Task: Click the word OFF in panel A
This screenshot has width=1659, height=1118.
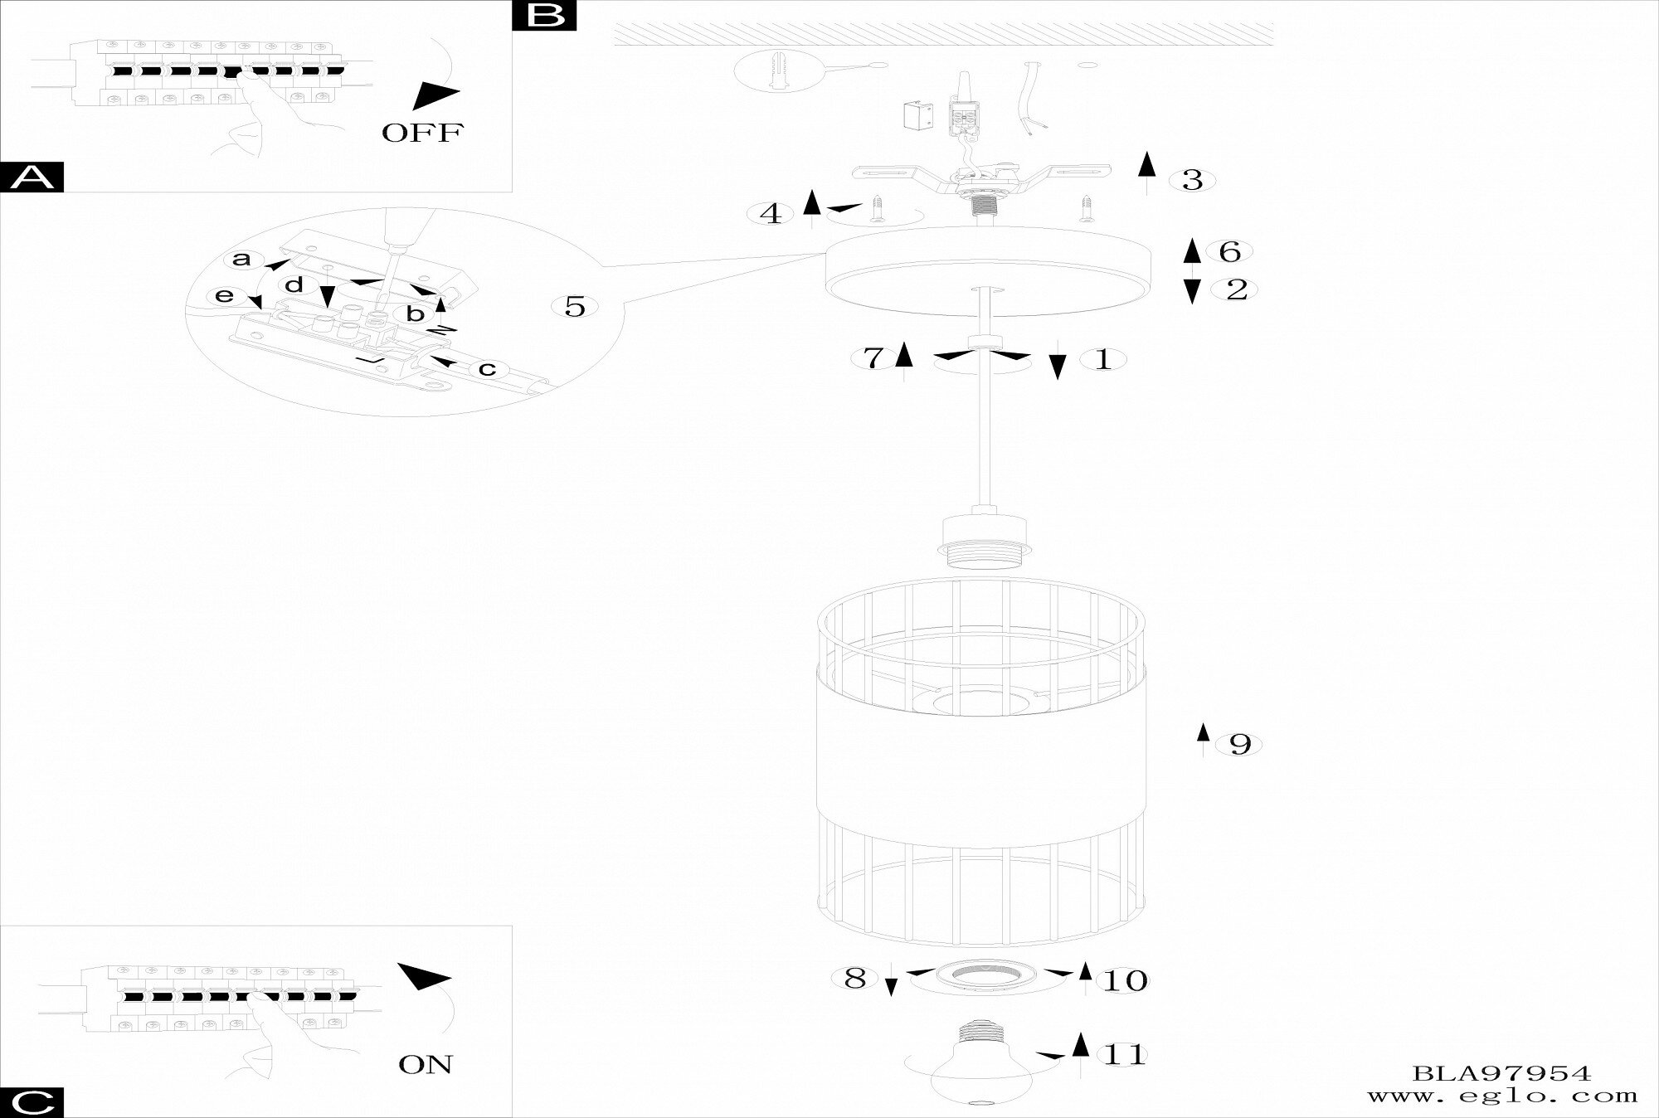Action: point(422,133)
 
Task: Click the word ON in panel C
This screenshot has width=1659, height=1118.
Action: point(426,1064)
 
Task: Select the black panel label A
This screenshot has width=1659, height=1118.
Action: point(32,177)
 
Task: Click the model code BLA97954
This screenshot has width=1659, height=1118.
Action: point(1501,1074)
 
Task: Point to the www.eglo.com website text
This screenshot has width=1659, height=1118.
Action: point(1501,1096)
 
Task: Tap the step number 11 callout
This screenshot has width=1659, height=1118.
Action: point(1124,1056)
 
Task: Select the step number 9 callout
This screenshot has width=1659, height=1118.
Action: point(1239,744)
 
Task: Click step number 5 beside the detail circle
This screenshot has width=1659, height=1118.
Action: point(575,307)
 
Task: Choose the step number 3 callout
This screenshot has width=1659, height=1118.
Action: point(1192,180)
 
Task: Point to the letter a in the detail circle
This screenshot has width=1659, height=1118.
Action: point(241,259)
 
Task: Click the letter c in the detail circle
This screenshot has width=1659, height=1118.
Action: point(487,368)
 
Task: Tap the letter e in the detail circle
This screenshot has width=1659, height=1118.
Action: point(225,296)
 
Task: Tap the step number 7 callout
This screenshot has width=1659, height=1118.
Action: point(873,358)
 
